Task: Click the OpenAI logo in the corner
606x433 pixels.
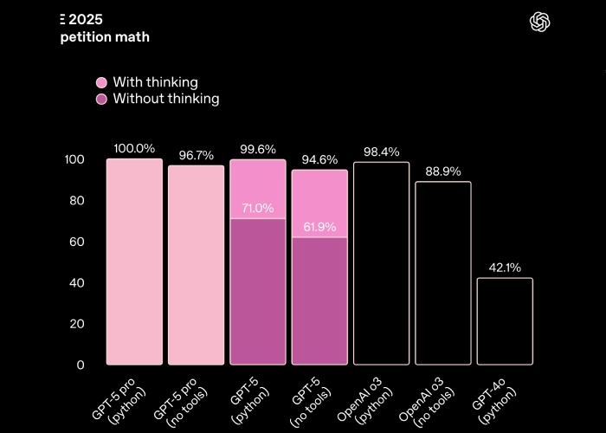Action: coord(540,22)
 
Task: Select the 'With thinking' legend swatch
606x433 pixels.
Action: coord(101,82)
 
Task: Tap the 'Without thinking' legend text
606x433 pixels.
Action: coord(165,99)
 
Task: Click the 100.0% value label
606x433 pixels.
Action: coord(134,149)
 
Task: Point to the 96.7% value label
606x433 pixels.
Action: coord(197,156)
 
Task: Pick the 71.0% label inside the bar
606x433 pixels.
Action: coord(257,209)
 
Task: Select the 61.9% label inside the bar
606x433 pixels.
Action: coord(319,227)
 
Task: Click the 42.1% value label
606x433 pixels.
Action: coord(505,268)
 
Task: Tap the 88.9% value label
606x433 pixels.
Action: coord(443,171)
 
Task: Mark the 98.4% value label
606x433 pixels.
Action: coord(381,152)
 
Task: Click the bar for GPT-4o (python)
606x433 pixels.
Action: coord(505,321)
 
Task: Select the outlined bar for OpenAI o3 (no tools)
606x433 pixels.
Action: coord(443,273)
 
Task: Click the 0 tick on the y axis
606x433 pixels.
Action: coord(81,365)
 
